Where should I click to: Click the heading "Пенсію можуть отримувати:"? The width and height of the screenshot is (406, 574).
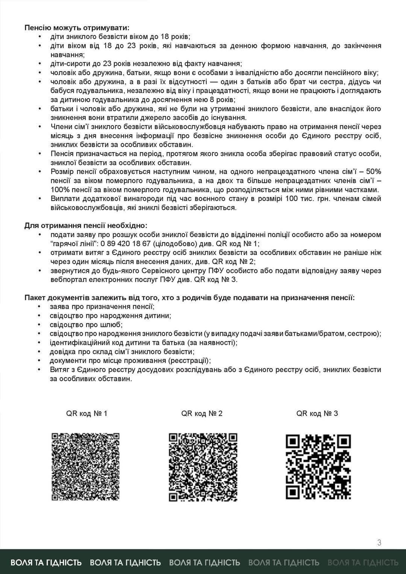pyautogui.click(x=76, y=28)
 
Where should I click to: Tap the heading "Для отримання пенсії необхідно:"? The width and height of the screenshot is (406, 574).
pyautogui.click(x=86, y=226)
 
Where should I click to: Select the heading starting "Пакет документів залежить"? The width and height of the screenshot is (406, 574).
pyautogui.click(x=189, y=298)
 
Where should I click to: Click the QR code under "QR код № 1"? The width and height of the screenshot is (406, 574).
pyautogui.click(x=85, y=467)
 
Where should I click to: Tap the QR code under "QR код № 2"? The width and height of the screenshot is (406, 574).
pyautogui.click(x=203, y=467)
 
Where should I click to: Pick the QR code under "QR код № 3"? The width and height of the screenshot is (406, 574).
pyautogui.click(x=318, y=467)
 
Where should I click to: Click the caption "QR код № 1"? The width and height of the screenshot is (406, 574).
pyautogui.click(x=87, y=414)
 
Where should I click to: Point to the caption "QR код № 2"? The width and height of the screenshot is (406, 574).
pyautogui.click(x=202, y=414)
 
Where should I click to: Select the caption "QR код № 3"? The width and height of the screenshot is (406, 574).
pyautogui.click(x=317, y=414)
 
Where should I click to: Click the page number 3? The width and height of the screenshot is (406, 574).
pyautogui.click(x=379, y=542)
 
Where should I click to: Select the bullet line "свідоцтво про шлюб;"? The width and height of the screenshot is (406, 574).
pyautogui.click(x=86, y=325)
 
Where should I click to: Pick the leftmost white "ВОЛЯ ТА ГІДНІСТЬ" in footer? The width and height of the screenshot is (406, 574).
pyautogui.click(x=46, y=562)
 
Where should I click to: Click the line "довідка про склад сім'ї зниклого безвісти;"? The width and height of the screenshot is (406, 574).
pyautogui.click(x=122, y=352)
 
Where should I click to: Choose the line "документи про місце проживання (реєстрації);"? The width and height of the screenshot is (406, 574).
pyautogui.click(x=130, y=361)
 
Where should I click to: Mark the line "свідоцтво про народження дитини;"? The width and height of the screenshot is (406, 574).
pyautogui.click(x=110, y=316)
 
